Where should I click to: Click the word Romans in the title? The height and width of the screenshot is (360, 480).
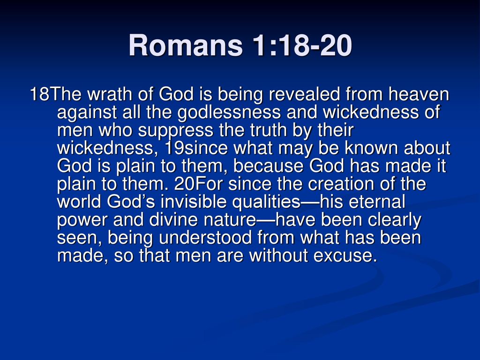point(186,45)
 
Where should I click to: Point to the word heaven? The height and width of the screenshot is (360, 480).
point(419,94)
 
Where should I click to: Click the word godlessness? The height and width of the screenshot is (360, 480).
point(229,112)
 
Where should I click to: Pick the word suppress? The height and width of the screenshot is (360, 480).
point(175,130)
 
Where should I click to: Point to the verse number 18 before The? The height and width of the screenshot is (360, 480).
point(39,94)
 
